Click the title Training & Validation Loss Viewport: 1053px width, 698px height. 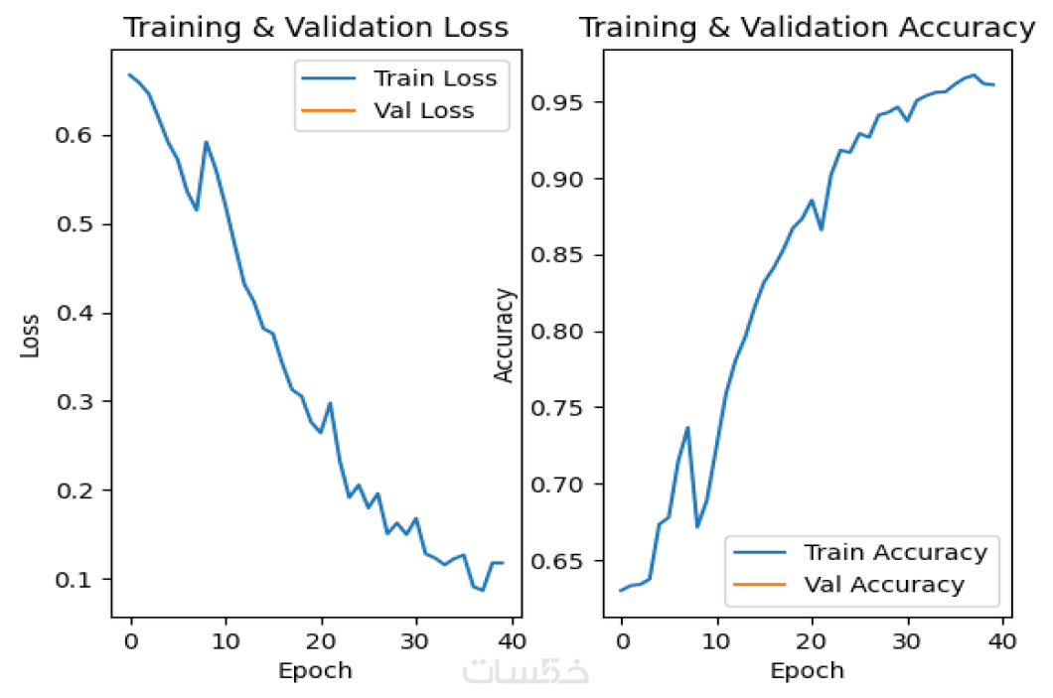[x=315, y=28]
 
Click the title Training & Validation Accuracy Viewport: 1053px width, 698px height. [x=807, y=28]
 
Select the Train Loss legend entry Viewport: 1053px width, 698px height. [x=434, y=77]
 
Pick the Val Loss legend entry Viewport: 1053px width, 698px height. [x=423, y=110]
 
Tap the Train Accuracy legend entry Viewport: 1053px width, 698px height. [x=895, y=552]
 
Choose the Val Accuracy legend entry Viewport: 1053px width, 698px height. [x=883, y=585]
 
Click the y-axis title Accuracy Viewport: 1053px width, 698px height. [x=505, y=335]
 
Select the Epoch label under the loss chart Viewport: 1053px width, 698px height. [x=315, y=670]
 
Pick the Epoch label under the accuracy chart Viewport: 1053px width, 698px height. [x=807, y=670]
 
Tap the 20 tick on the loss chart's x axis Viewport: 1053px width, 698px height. [x=322, y=638]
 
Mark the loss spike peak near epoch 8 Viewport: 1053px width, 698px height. [x=207, y=142]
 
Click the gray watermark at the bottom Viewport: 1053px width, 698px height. [x=526, y=671]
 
